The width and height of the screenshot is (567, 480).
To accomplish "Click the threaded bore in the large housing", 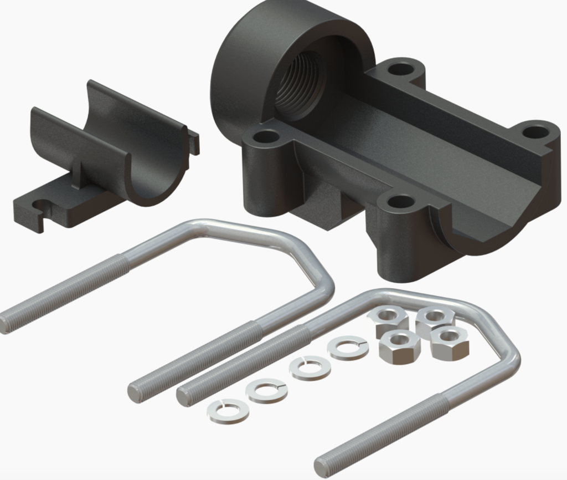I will (x=299, y=83).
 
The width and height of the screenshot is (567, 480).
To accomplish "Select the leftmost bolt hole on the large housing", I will (x=267, y=136).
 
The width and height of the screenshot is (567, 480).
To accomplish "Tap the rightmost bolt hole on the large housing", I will (x=535, y=132).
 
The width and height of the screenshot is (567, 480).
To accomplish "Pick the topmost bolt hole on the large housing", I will (x=401, y=70).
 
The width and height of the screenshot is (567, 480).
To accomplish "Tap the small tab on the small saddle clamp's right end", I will (x=193, y=141).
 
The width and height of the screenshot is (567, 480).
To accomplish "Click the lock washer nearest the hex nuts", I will (x=348, y=348).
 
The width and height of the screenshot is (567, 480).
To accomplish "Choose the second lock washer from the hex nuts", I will (x=310, y=368).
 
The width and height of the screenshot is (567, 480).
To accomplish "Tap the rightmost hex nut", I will (x=450, y=341).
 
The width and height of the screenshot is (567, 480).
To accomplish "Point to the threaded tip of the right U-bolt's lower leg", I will (x=323, y=465).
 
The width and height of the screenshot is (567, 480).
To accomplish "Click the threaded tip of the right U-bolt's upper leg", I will (x=185, y=396).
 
